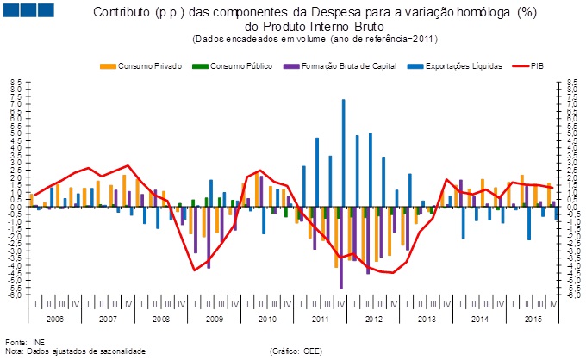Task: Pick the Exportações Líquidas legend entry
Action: pos(457,66)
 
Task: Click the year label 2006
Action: pos(55,319)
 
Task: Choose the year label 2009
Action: pos(215,319)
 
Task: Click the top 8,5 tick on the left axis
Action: pos(16,84)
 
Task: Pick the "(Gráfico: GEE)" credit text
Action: pos(296,351)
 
